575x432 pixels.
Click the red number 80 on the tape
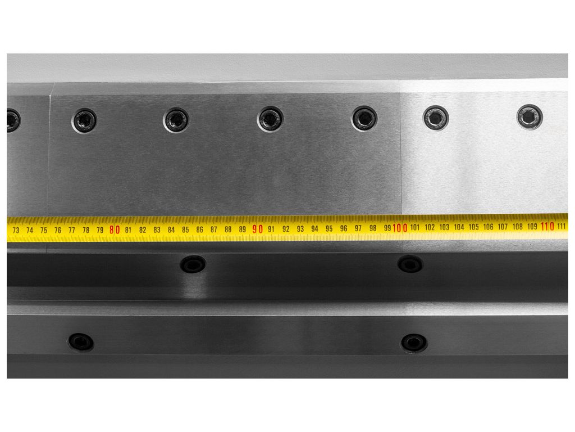coord(115,230)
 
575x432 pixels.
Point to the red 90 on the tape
coord(257,229)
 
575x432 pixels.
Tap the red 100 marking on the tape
coord(400,228)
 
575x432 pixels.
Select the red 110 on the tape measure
coord(547,226)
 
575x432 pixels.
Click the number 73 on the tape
coord(16,230)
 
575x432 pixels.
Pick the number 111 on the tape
coord(562,226)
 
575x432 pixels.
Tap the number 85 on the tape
coord(185,229)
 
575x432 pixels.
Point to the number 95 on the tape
coord(329,228)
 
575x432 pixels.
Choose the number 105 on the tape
coord(473,227)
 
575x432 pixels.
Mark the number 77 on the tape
coord(72,230)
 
